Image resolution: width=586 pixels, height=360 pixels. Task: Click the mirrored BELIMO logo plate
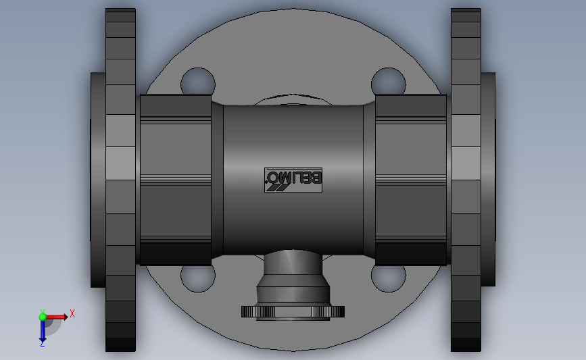pos(293,180)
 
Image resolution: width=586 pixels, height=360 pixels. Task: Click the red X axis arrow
pos(56,317)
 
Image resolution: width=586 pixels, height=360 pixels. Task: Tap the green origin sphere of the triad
pos(43,317)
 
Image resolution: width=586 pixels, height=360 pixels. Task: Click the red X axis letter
pos(72,313)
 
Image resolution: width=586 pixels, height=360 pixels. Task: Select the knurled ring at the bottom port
pos(293,311)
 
